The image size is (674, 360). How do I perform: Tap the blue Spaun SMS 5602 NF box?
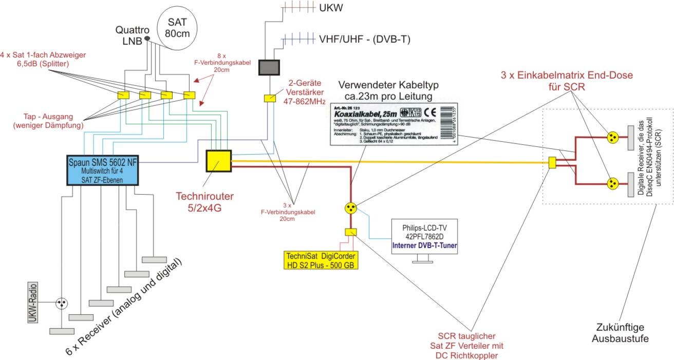(104, 170)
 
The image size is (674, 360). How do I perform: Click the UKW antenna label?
(330, 9)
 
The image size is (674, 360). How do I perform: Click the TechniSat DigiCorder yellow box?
(321, 260)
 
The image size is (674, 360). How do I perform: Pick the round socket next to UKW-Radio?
(62, 304)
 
